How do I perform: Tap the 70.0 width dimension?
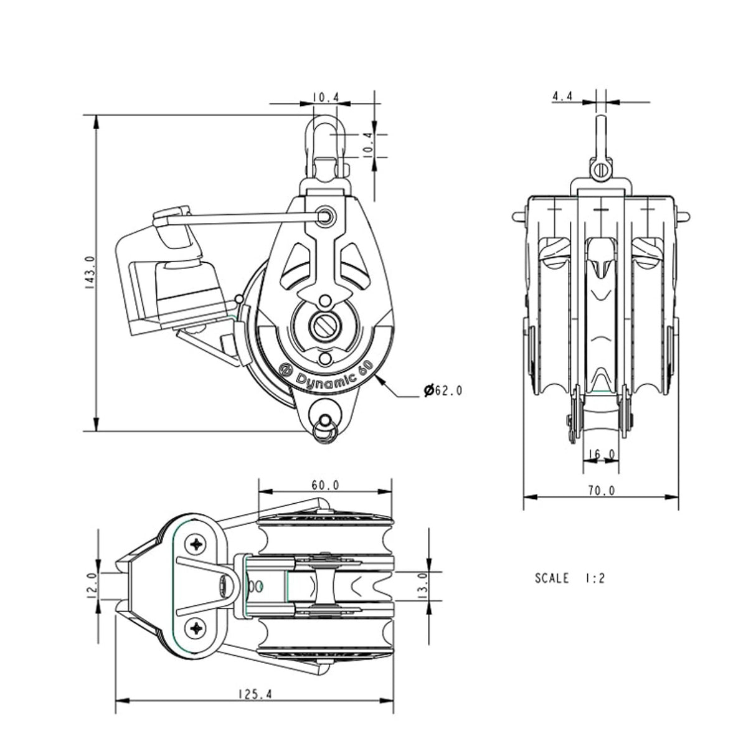coord(601,491)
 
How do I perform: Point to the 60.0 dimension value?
coord(324,484)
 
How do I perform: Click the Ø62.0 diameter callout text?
coord(443,391)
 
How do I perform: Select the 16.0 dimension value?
coord(602,455)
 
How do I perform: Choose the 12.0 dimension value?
coord(90,585)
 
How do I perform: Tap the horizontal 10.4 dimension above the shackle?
coord(325,97)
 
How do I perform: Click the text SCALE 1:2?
coord(570,578)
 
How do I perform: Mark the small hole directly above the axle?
coord(324,302)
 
